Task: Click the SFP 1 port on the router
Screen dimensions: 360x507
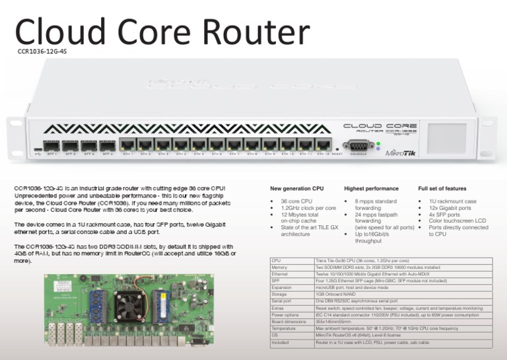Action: [51, 146]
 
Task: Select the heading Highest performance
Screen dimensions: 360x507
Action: [371, 189]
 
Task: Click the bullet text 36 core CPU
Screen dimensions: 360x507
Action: [296, 201]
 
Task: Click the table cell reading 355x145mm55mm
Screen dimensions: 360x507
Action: [334, 322]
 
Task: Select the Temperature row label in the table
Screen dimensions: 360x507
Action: [283, 328]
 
